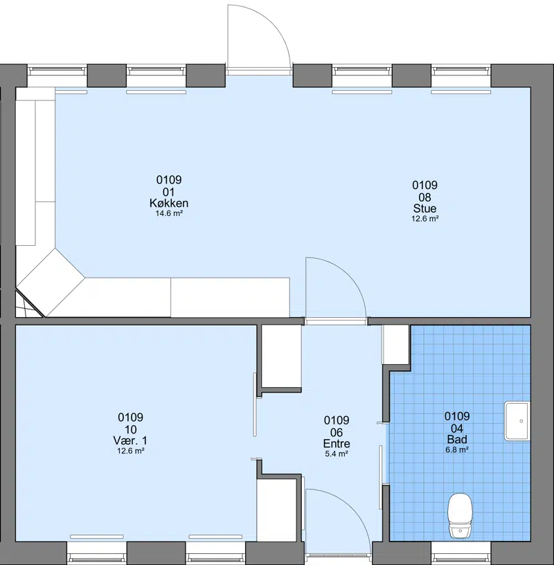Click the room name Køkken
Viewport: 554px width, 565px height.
169,204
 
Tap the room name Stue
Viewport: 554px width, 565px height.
425,208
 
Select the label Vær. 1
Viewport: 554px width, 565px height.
130,440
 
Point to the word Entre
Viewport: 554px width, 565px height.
337,444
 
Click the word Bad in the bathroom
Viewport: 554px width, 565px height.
457,439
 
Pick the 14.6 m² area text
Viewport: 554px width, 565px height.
169,213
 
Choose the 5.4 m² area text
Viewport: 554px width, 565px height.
337,454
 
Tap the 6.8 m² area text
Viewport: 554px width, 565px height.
457,449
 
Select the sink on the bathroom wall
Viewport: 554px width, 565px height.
517,421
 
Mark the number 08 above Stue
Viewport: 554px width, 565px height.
425,197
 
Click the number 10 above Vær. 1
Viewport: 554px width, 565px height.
130,429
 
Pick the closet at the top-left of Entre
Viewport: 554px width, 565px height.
281,356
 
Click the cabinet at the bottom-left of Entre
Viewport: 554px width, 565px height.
276,510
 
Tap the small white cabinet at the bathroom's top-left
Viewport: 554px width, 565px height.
395,345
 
